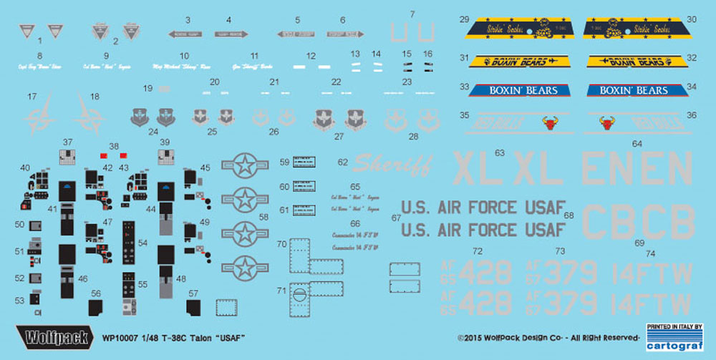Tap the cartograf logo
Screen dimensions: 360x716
point(670,341)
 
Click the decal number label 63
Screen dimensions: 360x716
point(499,152)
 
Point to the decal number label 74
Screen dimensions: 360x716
point(650,253)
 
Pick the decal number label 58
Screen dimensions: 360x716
point(265,215)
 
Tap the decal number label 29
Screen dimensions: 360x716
point(464,19)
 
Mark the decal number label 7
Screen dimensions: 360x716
point(412,14)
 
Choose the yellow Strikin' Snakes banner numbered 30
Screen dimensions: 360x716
point(630,29)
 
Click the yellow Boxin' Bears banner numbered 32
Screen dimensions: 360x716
point(630,61)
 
